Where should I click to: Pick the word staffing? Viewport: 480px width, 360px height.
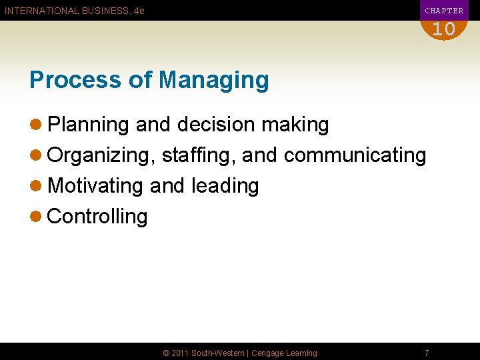(198, 155)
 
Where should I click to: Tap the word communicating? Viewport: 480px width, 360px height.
(355, 155)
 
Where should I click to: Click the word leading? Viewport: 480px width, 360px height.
(225, 186)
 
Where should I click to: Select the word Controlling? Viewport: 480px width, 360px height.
(97, 217)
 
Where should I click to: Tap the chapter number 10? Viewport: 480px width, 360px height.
(443, 29)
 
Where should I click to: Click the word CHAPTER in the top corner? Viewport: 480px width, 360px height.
(444, 11)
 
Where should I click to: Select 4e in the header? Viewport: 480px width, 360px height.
(139, 11)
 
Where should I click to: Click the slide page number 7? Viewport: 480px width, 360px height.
(427, 353)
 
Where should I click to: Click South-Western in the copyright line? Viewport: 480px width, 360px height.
(218, 353)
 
